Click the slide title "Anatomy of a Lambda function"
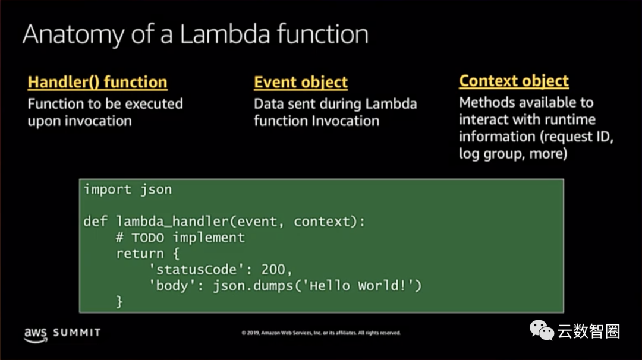click(x=195, y=35)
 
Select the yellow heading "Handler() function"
click(x=97, y=82)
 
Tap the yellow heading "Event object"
click(x=301, y=82)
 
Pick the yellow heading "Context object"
click(x=514, y=81)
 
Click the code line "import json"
click(x=127, y=190)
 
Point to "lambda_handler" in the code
click(x=172, y=222)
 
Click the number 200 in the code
click(x=273, y=270)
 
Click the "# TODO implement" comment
click(x=180, y=238)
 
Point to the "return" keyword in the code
click(x=140, y=254)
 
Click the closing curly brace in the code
click(x=119, y=302)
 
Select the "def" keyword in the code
click(x=95, y=222)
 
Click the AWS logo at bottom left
click(x=35, y=334)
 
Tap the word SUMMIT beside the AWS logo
click(x=77, y=333)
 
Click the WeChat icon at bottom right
click(x=541, y=330)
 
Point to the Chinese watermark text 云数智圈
click(x=588, y=331)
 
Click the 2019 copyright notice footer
click(x=321, y=333)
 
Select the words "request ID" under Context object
click(x=580, y=137)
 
